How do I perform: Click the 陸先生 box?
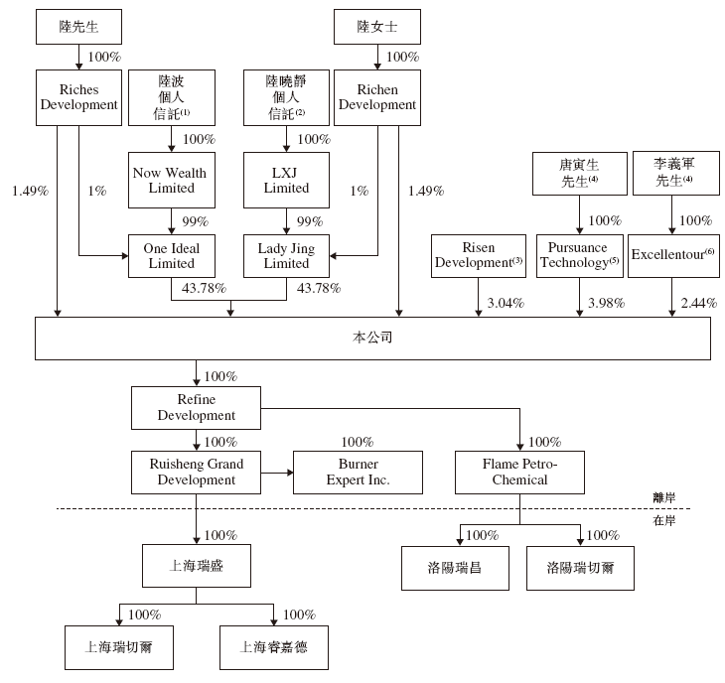(x=79, y=27)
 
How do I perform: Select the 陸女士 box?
(x=377, y=27)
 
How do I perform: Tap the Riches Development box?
(x=79, y=97)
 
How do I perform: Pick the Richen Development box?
(x=377, y=97)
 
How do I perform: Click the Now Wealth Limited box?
(x=172, y=181)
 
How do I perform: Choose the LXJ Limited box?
(x=286, y=181)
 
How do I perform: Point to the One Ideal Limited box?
(x=172, y=256)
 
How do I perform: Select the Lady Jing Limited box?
(x=286, y=256)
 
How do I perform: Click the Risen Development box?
(x=479, y=256)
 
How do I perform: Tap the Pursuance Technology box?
(x=580, y=256)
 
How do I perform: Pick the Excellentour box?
(x=673, y=256)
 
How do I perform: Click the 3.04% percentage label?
(x=506, y=303)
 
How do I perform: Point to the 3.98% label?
(x=606, y=303)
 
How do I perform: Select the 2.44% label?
(x=698, y=303)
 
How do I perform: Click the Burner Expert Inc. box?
(x=358, y=473)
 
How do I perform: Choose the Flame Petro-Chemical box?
(x=519, y=473)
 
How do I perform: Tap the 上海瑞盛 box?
(x=197, y=566)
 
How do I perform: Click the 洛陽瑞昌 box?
(x=455, y=568)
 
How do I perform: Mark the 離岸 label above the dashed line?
(x=664, y=497)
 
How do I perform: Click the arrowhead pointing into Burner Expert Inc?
(x=290, y=473)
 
